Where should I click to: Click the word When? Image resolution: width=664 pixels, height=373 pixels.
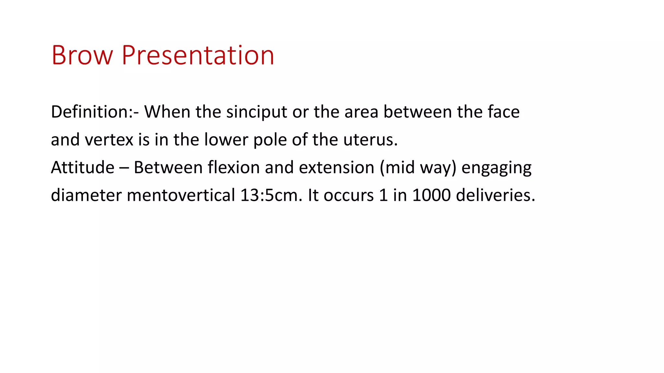pos(167,112)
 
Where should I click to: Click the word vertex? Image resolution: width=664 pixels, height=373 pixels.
pos(109,140)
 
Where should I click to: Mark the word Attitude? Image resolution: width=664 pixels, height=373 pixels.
pos(83,168)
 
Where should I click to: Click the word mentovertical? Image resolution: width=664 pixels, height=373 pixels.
pos(181,196)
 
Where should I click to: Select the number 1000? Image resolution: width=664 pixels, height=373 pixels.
pos(431,196)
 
